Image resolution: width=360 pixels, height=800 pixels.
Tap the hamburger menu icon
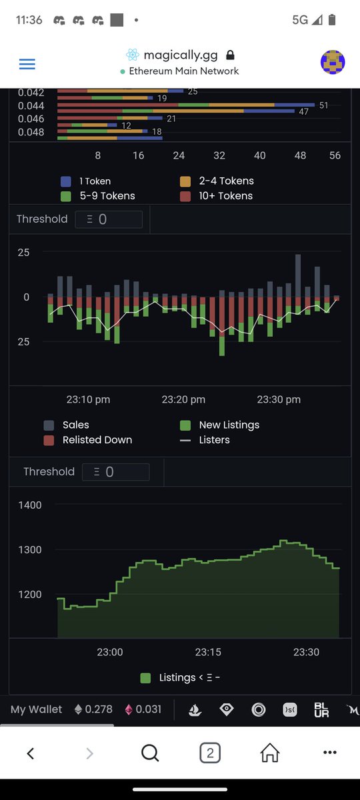[27, 64]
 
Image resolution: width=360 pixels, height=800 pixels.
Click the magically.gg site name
[172, 55]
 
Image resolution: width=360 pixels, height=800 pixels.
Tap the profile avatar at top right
[333, 62]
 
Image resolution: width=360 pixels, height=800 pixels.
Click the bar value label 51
[324, 105]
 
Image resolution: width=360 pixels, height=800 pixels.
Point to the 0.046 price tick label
[31, 119]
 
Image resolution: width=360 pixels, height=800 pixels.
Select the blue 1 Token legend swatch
[66, 181]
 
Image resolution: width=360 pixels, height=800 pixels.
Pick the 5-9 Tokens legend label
[107, 196]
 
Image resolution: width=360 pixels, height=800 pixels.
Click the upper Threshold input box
[109, 219]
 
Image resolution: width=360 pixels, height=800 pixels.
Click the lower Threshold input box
[115, 472]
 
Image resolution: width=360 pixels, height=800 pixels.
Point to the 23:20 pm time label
[183, 400]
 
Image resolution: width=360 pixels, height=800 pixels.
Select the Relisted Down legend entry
[97, 440]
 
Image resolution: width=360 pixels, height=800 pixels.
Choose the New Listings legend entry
[229, 425]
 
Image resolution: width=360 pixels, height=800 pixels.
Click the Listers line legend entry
[214, 440]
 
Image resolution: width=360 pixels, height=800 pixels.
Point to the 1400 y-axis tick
[29, 505]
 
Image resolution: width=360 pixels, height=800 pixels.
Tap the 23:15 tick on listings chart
[208, 652]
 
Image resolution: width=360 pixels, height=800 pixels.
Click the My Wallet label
[36, 709]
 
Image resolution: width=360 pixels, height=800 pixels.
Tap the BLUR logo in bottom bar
[321, 710]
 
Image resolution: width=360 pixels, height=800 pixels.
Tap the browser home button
[269, 753]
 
